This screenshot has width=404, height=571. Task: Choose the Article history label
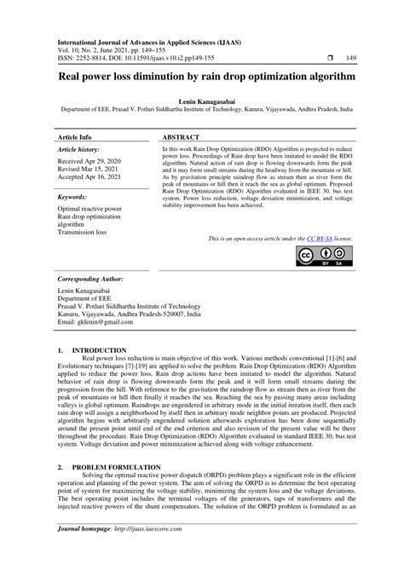pos(78,149)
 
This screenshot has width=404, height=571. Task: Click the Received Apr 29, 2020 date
pos(93,160)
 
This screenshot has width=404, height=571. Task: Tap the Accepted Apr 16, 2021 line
pos(95,179)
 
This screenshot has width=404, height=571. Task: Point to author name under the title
pos(201,101)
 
